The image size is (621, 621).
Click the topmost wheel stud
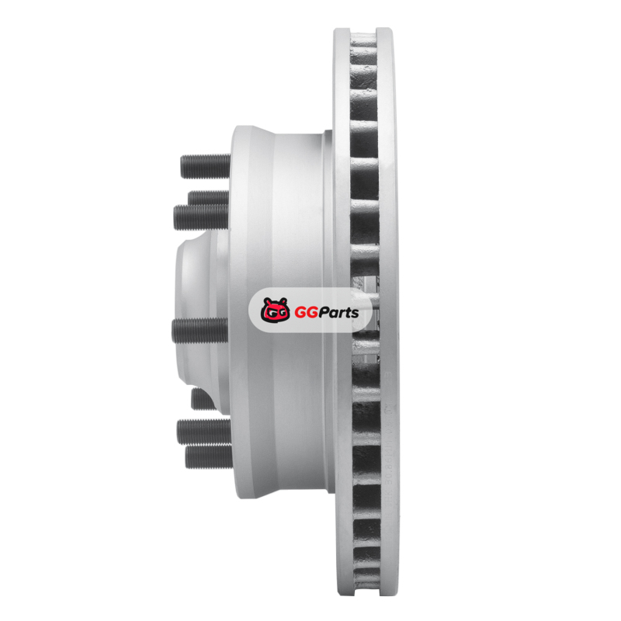pos(205,165)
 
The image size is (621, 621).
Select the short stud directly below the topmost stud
pos(209,197)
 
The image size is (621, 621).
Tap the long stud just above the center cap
pos(201,217)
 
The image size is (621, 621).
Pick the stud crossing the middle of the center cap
pos(199,331)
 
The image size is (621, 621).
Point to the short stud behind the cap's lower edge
pos(203,399)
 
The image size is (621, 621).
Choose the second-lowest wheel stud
pos(203,431)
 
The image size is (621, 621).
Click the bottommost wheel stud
pos(208,456)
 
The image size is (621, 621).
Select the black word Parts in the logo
pos(338,313)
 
